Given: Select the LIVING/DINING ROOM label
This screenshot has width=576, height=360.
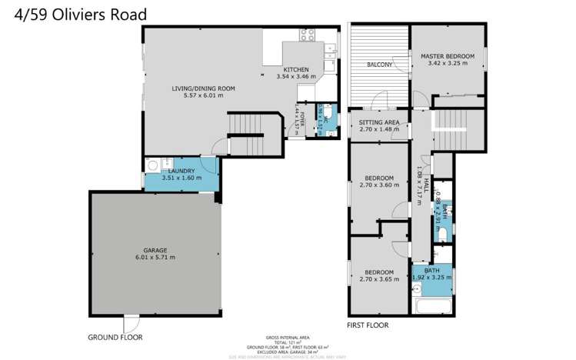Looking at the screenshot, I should (x=203, y=88).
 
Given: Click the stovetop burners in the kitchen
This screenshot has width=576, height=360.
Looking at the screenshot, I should (x=308, y=34).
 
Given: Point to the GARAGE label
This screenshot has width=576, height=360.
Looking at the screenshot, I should (x=155, y=250).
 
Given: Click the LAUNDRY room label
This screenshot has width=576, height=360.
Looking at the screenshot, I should (x=182, y=170).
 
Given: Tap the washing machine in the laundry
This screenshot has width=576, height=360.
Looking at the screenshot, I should (x=152, y=165).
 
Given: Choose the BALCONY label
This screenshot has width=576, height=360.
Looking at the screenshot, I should (x=379, y=65).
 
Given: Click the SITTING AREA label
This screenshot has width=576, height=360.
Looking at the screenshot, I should (x=379, y=122).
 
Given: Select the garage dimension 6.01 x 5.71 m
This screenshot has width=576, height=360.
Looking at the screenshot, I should (x=155, y=258).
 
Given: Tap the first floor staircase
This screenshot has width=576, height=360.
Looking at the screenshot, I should (x=454, y=131).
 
